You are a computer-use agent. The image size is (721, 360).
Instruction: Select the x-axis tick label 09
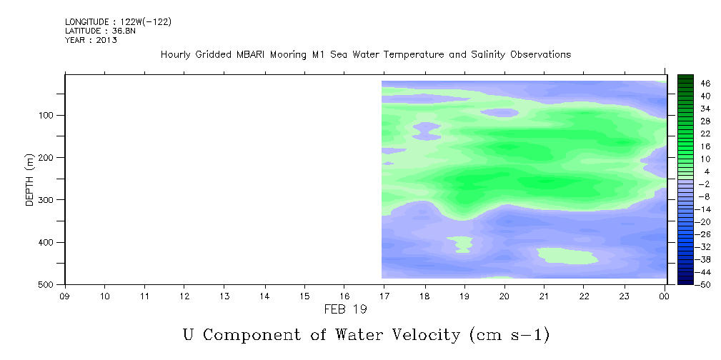pyautogui.click(x=65, y=296)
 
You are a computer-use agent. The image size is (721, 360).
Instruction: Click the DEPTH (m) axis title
pyautogui.click(x=30, y=179)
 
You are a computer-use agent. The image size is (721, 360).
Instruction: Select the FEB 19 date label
pyautogui.click(x=345, y=309)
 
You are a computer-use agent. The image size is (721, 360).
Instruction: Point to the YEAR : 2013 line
pyautogui.click(x=91, y=40)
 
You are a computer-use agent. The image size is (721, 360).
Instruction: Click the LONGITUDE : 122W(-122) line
pyautogui.click(x=118, y=21)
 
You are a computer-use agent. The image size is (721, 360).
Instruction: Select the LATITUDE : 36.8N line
pyautogui.click(x=100, y=31)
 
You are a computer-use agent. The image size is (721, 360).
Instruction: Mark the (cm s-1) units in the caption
pyautogui.click(x=509, y=335)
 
